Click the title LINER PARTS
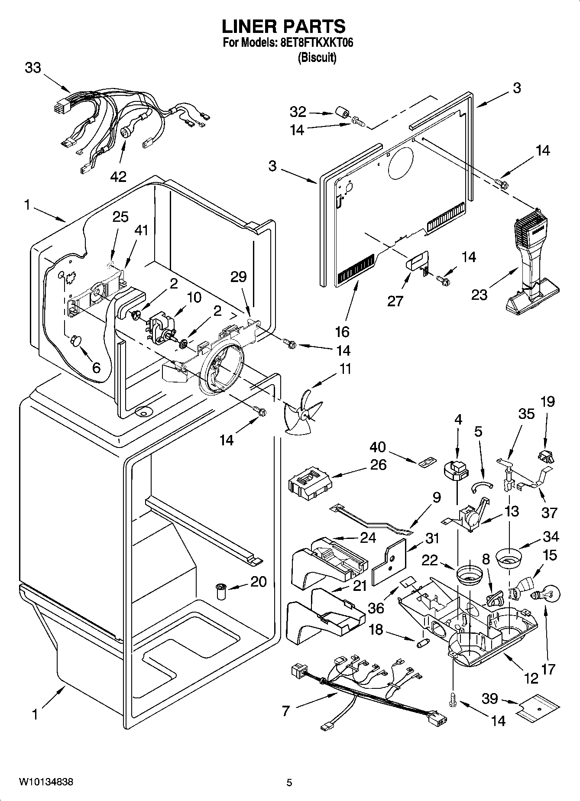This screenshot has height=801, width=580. [284, 26]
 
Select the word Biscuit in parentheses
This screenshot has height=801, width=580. [317, 58]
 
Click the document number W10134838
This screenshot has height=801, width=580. [46, 782]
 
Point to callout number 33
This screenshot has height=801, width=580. [33, 68]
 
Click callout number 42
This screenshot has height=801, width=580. [118, 176]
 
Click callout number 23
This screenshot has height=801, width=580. [480, 295]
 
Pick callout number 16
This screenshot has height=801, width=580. [342, 332]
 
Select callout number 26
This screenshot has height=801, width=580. [378, 465]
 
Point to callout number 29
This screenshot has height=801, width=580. [238, 277]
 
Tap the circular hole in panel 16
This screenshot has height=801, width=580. [401, 165]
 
